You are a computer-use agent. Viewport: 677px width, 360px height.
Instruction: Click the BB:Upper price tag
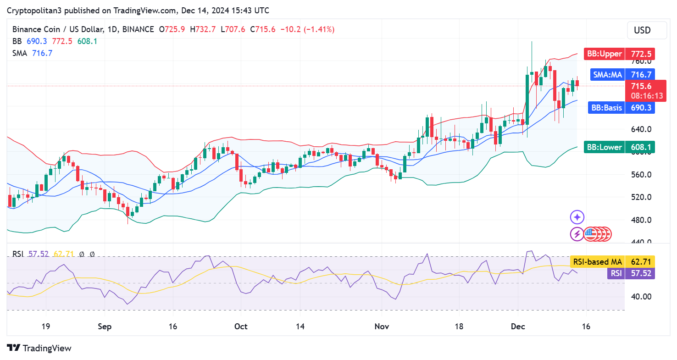click(x=619, y=54)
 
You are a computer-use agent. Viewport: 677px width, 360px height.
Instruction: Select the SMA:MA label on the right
click(x=622, y=75)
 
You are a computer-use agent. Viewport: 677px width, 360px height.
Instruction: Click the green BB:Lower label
click(x=619, y=147)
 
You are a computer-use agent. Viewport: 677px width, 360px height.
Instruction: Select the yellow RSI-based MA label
click(x=611, y=262)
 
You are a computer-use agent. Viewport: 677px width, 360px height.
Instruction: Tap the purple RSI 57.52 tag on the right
click(x=631, y=274)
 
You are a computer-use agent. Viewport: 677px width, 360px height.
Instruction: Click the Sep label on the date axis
click(x=105, y=327)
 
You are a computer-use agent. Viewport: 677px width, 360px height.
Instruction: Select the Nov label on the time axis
click(x=382, y=327)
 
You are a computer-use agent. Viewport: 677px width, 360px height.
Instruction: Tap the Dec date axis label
click(x=517, y=327)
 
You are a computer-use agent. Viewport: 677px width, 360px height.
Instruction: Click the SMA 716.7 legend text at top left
click(x=33, y=53)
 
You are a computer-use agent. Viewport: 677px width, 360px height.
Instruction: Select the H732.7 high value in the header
click(x=205, y=29)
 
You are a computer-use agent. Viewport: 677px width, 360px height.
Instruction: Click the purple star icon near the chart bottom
click(x=577, y=217)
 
